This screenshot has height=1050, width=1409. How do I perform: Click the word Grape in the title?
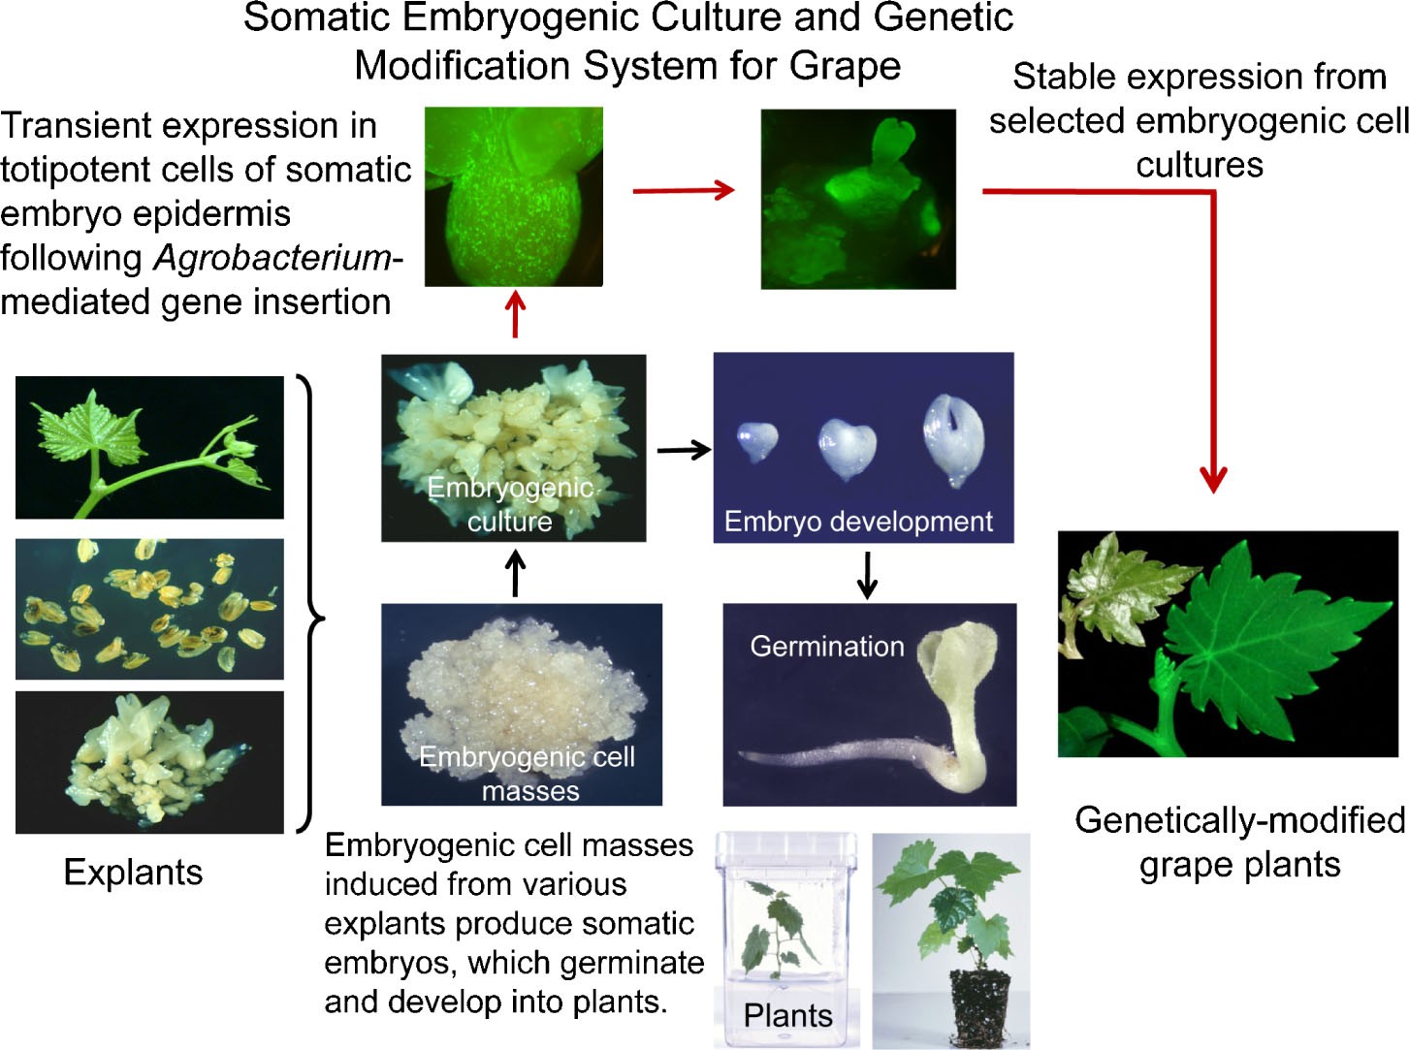845,66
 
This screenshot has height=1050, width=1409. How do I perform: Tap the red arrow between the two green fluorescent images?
683,190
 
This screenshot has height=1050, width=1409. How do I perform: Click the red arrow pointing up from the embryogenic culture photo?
515,315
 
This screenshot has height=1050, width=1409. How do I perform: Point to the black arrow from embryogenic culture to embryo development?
684,450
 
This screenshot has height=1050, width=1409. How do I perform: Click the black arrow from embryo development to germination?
868,574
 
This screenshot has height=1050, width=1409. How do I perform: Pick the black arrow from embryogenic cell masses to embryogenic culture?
516,574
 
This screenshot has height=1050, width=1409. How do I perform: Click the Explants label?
133,873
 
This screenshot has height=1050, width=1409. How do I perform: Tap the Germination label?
826,646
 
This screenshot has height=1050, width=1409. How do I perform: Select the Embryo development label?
858,522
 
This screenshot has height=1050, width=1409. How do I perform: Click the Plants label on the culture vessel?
787,1015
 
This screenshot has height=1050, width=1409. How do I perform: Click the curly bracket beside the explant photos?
312,603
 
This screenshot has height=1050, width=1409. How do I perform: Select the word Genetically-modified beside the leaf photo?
1239,820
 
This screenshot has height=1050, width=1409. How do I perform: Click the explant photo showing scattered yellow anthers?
150,609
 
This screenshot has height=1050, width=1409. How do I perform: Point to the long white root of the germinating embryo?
834,754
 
